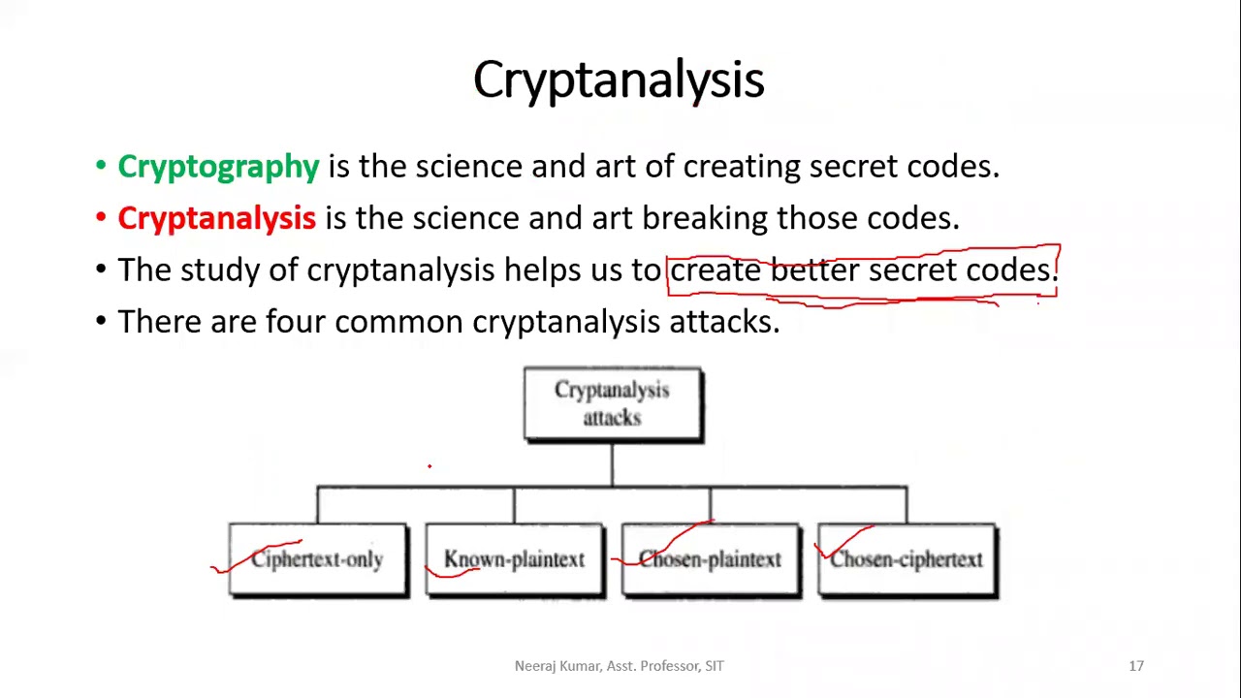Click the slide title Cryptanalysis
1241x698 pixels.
tap(619, 79)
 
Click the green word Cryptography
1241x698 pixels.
tap(218, 167)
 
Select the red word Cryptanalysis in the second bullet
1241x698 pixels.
tap(216, 218)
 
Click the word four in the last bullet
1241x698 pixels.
tap(296, 321)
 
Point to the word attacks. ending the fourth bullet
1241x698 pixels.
tap(724, 321)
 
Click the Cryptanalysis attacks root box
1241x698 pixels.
tap(613, 403)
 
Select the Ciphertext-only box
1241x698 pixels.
tap(318, 560)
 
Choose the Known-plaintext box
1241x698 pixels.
tap(514, 560)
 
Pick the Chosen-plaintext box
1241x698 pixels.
tap(711, 560)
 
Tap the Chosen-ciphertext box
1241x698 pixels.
tap(907, 560)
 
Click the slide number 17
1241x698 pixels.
tap(1136, 666)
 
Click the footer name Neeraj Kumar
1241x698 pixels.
tap(557, 666)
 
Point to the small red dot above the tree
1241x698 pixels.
tap(430, 466)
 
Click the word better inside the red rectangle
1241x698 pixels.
tap(813, 270)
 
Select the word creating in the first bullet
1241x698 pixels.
tap(742, 167)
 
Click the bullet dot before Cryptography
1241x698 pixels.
tap(101, 167)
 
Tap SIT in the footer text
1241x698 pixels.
tap(714, 666)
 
